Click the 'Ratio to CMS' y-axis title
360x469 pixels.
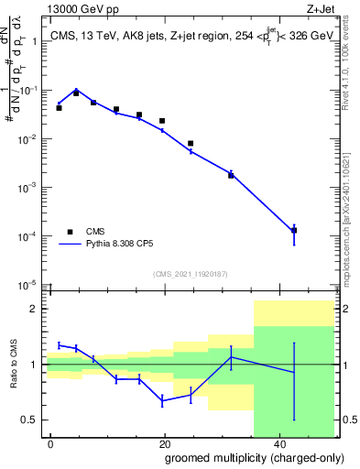pos(14,364)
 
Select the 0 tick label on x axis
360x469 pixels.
pos(50,443)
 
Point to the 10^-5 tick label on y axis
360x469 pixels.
pos(29,284)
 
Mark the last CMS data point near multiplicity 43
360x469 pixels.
pos(293,230)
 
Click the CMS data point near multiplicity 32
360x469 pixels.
pos(231,175)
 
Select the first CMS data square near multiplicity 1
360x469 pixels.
pos(59,108)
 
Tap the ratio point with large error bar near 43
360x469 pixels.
pos(293,372)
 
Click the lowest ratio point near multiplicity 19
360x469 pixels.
pos(162,401)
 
